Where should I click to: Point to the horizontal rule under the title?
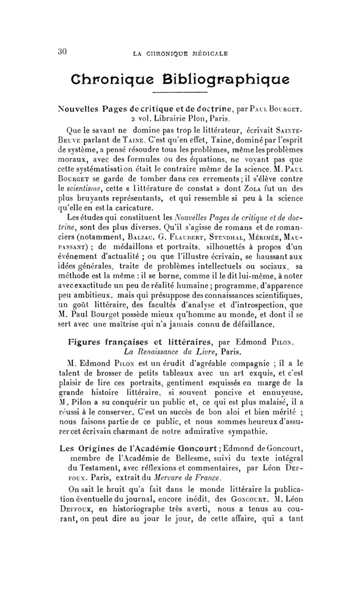point(180,93)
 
